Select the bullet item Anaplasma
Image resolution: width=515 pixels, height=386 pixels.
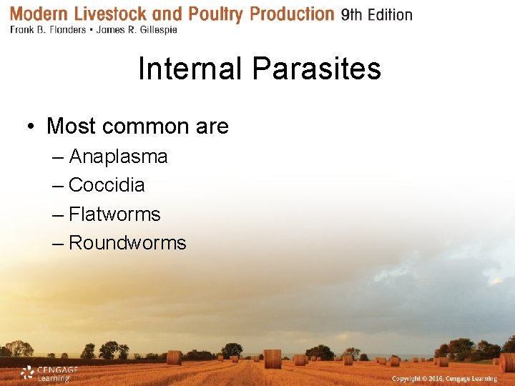118,157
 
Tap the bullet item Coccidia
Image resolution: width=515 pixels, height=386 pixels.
107,185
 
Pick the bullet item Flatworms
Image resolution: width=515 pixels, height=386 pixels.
114,214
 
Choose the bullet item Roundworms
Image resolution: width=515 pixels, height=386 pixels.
127,243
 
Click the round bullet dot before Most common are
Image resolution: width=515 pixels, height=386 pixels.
31,127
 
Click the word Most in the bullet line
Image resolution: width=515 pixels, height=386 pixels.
72,127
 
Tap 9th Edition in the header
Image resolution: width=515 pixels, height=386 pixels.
376,15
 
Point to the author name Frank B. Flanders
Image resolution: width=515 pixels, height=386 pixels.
49,30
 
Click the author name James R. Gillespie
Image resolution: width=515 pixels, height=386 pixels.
135,30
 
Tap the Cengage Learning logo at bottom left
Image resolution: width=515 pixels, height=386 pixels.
49,373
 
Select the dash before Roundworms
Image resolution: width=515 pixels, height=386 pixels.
59,243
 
